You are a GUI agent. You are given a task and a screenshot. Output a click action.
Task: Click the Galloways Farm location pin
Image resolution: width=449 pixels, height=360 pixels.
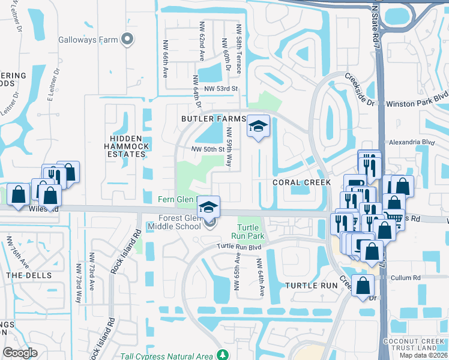click(127, 40)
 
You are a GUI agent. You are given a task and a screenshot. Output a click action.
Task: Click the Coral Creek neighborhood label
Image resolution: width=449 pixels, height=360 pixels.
click(293, 182)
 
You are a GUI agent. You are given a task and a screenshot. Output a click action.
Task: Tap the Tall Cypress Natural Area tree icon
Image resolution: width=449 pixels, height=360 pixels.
click(223, 355)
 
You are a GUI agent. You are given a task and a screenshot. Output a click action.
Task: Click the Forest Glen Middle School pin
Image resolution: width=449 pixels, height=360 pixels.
click(209, 223)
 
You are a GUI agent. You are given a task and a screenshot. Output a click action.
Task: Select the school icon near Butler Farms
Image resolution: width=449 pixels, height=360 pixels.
click(258, 127)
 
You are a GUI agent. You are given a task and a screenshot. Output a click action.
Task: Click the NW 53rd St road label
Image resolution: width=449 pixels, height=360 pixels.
click(221, 89)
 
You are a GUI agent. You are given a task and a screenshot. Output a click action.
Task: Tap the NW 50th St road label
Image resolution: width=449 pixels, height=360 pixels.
click(207, 149)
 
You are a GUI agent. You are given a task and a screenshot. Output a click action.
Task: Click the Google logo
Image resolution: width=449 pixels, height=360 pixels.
click(20, 352)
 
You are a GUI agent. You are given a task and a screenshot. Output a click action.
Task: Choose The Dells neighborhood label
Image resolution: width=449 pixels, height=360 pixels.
click(22, 275)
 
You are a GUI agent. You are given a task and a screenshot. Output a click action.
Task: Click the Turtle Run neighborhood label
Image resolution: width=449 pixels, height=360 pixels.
click(309, 286)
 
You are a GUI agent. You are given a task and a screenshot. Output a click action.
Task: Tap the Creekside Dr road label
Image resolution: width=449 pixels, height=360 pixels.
click(359, 90)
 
